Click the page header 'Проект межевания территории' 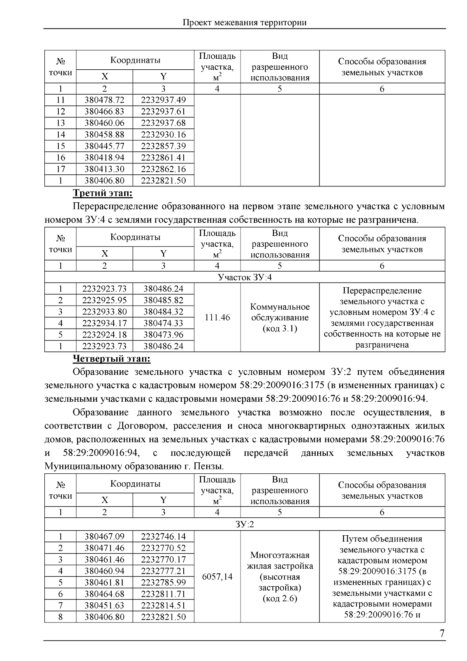click(244, 23)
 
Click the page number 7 click(442, 633)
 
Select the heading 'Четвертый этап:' click(112, 358)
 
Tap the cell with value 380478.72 click(104, 100)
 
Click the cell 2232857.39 click(163, 146)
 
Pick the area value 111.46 click(217, 317)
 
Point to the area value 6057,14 click(217, 577)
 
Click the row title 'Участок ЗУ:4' click(244, 277)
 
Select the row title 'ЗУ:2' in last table click(244, 524)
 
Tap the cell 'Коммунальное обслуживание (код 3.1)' click(280, 317)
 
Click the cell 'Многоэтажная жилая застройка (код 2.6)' click(280, 577)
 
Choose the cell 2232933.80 click(104, 311)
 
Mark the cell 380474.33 click(163, 323)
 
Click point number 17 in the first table click(60, 169)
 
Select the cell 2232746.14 click(163, 536)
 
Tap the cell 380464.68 click(104, 594)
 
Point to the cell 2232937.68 click(163, 123)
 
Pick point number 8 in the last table click(60, 617)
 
